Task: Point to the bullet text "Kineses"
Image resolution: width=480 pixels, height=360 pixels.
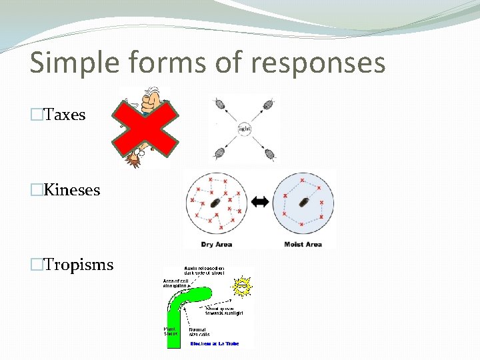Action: pyautogui.click(x=72, y=190)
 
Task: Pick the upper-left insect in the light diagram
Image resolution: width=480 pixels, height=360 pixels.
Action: pyautogui.click(x=219, y=105)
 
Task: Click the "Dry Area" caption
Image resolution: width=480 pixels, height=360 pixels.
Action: pyautogui.click(x=217, y=245)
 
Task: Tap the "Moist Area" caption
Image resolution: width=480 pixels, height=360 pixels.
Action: pyautogui.click(x=303, y=245)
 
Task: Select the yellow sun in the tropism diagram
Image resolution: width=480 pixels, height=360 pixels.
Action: pyautogui.click(x=242, y=287)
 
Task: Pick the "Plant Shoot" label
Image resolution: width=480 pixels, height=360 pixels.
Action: pyautogui.click(x=171, y=331)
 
